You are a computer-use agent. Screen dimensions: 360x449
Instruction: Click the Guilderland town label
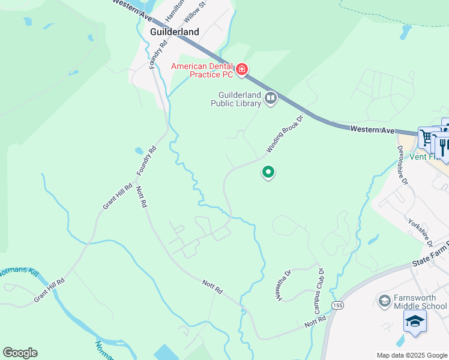point(174,32)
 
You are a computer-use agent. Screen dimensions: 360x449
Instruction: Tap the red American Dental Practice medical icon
point(242,71)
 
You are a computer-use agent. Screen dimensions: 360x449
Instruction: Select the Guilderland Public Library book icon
point(271,98)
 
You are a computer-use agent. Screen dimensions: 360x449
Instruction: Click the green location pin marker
point(268,172)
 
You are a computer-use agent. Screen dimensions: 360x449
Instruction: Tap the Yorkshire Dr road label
point(421,232)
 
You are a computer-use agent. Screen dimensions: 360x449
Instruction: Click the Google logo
point(20,353)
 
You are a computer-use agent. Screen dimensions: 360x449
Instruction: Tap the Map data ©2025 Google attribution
point(411,355)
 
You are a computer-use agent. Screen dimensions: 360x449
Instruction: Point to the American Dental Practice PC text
point(202,70)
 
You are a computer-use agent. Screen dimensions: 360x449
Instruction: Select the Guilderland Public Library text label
point(236,99)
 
